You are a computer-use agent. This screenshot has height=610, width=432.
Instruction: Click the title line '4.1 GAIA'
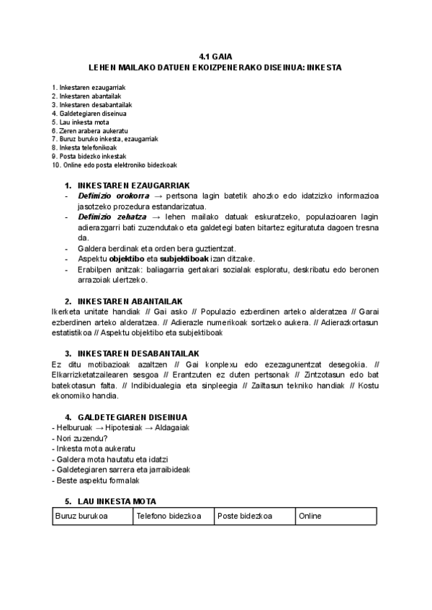215,56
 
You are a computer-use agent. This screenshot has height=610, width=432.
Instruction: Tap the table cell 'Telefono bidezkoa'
164,516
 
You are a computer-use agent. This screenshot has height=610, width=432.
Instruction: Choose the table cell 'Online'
310,516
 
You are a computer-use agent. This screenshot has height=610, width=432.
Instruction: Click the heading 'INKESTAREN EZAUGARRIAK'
133,185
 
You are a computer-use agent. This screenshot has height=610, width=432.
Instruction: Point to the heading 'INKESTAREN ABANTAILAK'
130,301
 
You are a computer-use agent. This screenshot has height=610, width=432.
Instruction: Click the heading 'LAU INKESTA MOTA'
120,501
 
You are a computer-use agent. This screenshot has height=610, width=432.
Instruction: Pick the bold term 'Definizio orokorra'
114,195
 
